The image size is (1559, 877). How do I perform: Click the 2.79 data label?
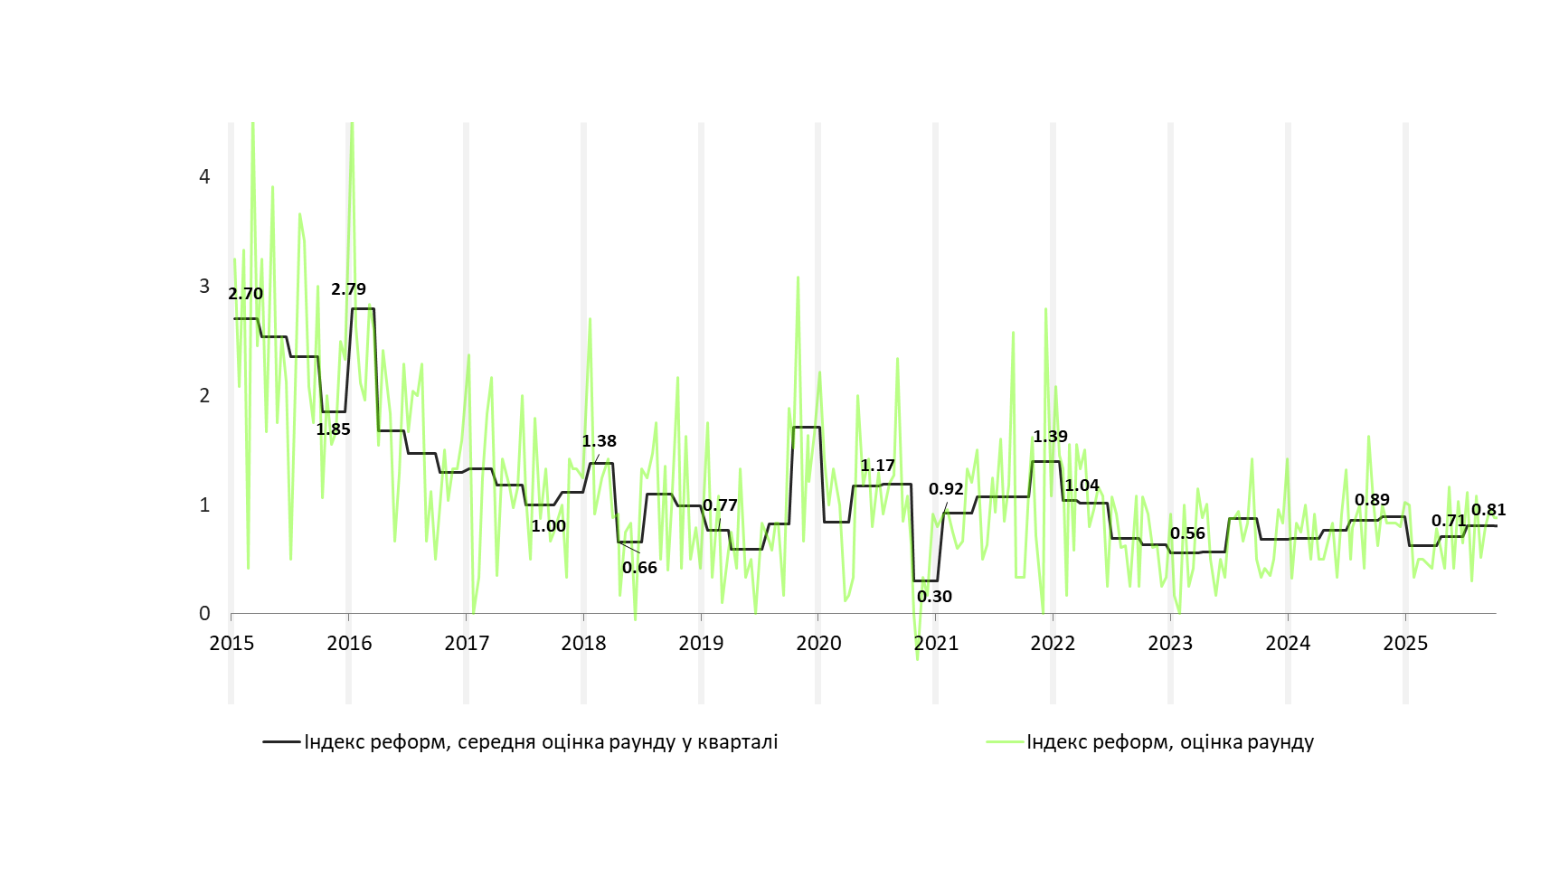point(348,289)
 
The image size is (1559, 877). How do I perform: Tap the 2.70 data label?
point(245,294)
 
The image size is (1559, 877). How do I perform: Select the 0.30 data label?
point(934,597)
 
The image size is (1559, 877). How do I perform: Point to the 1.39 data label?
point(1050,437)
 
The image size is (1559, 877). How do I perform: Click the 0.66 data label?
point(639,568)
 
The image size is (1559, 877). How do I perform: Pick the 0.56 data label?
point(1187,533)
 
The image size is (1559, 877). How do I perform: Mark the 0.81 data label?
point(1488,510)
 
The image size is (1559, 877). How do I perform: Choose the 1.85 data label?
point(333,429)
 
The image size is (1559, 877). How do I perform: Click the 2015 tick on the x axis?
point(231,644)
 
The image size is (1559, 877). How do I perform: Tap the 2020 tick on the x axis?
point(818,644)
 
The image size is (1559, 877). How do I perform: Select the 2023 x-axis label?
point(1170,644)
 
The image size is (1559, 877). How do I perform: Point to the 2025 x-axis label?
point(1405,644)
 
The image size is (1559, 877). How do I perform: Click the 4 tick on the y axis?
point(204,176)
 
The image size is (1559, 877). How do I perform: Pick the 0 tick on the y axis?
point(204,614)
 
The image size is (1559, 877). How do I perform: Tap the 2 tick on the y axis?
point(204,395)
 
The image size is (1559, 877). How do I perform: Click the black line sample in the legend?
point(281,742)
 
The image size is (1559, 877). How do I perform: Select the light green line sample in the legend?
point(1004,742)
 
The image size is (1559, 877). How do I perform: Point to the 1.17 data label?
point(877,466)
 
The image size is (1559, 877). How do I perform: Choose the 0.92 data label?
point(946,489)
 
